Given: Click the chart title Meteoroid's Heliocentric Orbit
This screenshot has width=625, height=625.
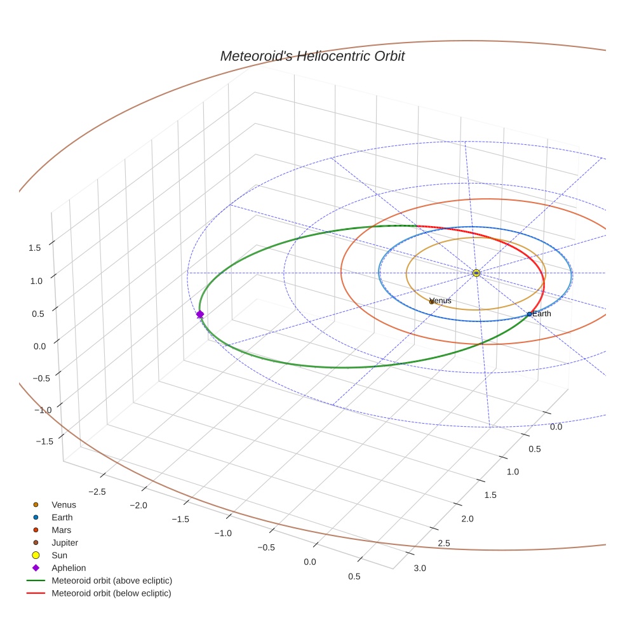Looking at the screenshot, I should tap(312, 56).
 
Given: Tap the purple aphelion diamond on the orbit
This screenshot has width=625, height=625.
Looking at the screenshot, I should tap(200, 314).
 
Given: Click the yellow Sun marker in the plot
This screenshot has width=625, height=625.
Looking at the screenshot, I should tap(476, 272).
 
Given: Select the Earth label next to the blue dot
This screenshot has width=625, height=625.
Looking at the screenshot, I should tap(542, 314).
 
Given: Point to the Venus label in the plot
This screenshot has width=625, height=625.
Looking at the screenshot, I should tap(441, 300).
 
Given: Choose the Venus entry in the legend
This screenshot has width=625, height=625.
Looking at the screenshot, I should tap(64, 505).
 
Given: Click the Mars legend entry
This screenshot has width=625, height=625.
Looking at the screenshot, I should tap(61, 530).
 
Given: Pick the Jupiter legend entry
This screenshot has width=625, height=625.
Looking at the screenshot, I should tap(65, 543).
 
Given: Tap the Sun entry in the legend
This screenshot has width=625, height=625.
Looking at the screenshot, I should tap(59, 556).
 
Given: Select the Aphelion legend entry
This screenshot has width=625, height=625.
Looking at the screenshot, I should tap(69, 568).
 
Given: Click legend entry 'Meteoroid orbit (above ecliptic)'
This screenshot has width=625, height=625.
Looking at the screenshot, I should tap(112, 581).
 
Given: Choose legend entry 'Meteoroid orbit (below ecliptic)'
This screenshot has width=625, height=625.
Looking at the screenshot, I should tap(111, 593).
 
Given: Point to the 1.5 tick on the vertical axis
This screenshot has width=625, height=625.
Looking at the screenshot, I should tap(35, 248).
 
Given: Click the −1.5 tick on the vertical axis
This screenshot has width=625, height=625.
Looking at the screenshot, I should tap(43, 441).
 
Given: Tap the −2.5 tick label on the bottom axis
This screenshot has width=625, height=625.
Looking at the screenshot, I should tap(97, 492).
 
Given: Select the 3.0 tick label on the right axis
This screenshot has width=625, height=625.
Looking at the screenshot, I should tap(420, 568).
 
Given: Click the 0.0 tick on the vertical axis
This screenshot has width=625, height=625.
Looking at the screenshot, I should tap(39, 346).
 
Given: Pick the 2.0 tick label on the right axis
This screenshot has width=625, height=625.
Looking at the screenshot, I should tap(467, 519).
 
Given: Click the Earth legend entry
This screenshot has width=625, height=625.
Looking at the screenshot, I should tap(62, 518).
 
